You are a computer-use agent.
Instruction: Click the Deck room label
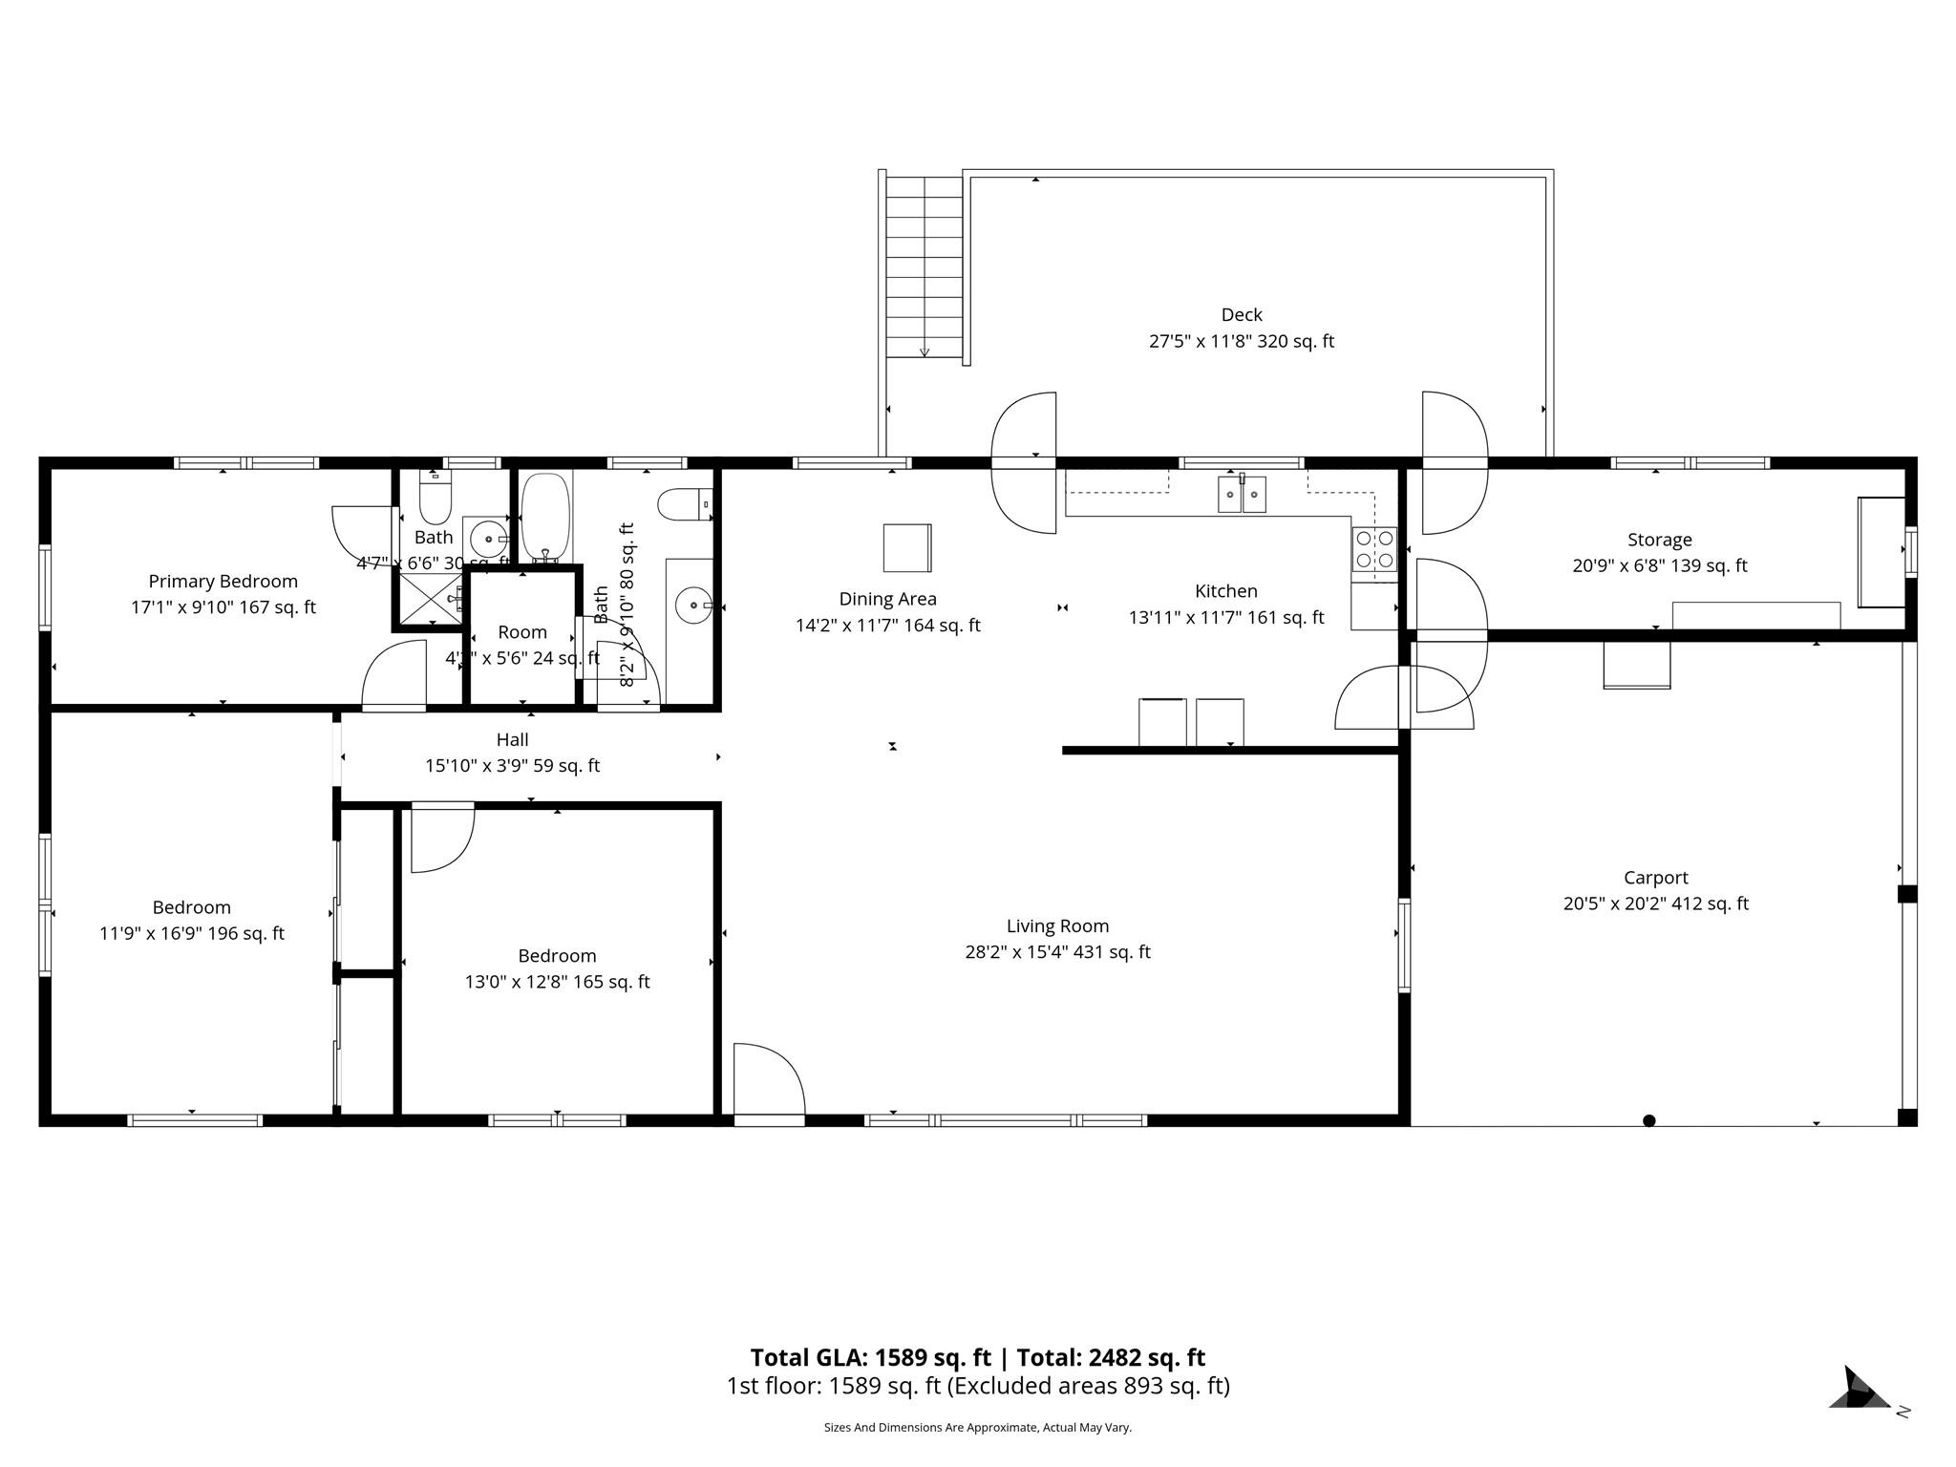(x=1241, y=315)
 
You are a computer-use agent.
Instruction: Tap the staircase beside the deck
(x=924, y=267)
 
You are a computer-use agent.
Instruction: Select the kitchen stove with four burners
(x=1374, y=550)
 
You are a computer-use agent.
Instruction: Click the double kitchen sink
(x=1242, y=494)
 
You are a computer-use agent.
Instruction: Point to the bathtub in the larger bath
(x=544, y=517)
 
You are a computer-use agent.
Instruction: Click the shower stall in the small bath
(x=429, y=599)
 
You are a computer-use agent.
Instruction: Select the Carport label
(x=1655, y=878)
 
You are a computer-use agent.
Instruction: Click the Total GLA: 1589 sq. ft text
(x=870, y=1357)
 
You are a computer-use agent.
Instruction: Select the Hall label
(x=512, y=739)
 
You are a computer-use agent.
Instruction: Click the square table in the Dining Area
(x=906, y=547)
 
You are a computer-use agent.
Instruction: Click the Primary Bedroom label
(x=223, y=582)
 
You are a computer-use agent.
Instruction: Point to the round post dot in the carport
(x=1648, y=1120)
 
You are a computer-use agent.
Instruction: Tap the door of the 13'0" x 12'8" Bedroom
(x=440, y=838)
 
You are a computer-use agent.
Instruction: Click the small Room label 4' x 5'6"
(x=521, y=632)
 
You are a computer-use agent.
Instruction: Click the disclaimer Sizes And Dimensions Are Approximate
(x=977, y=1428)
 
